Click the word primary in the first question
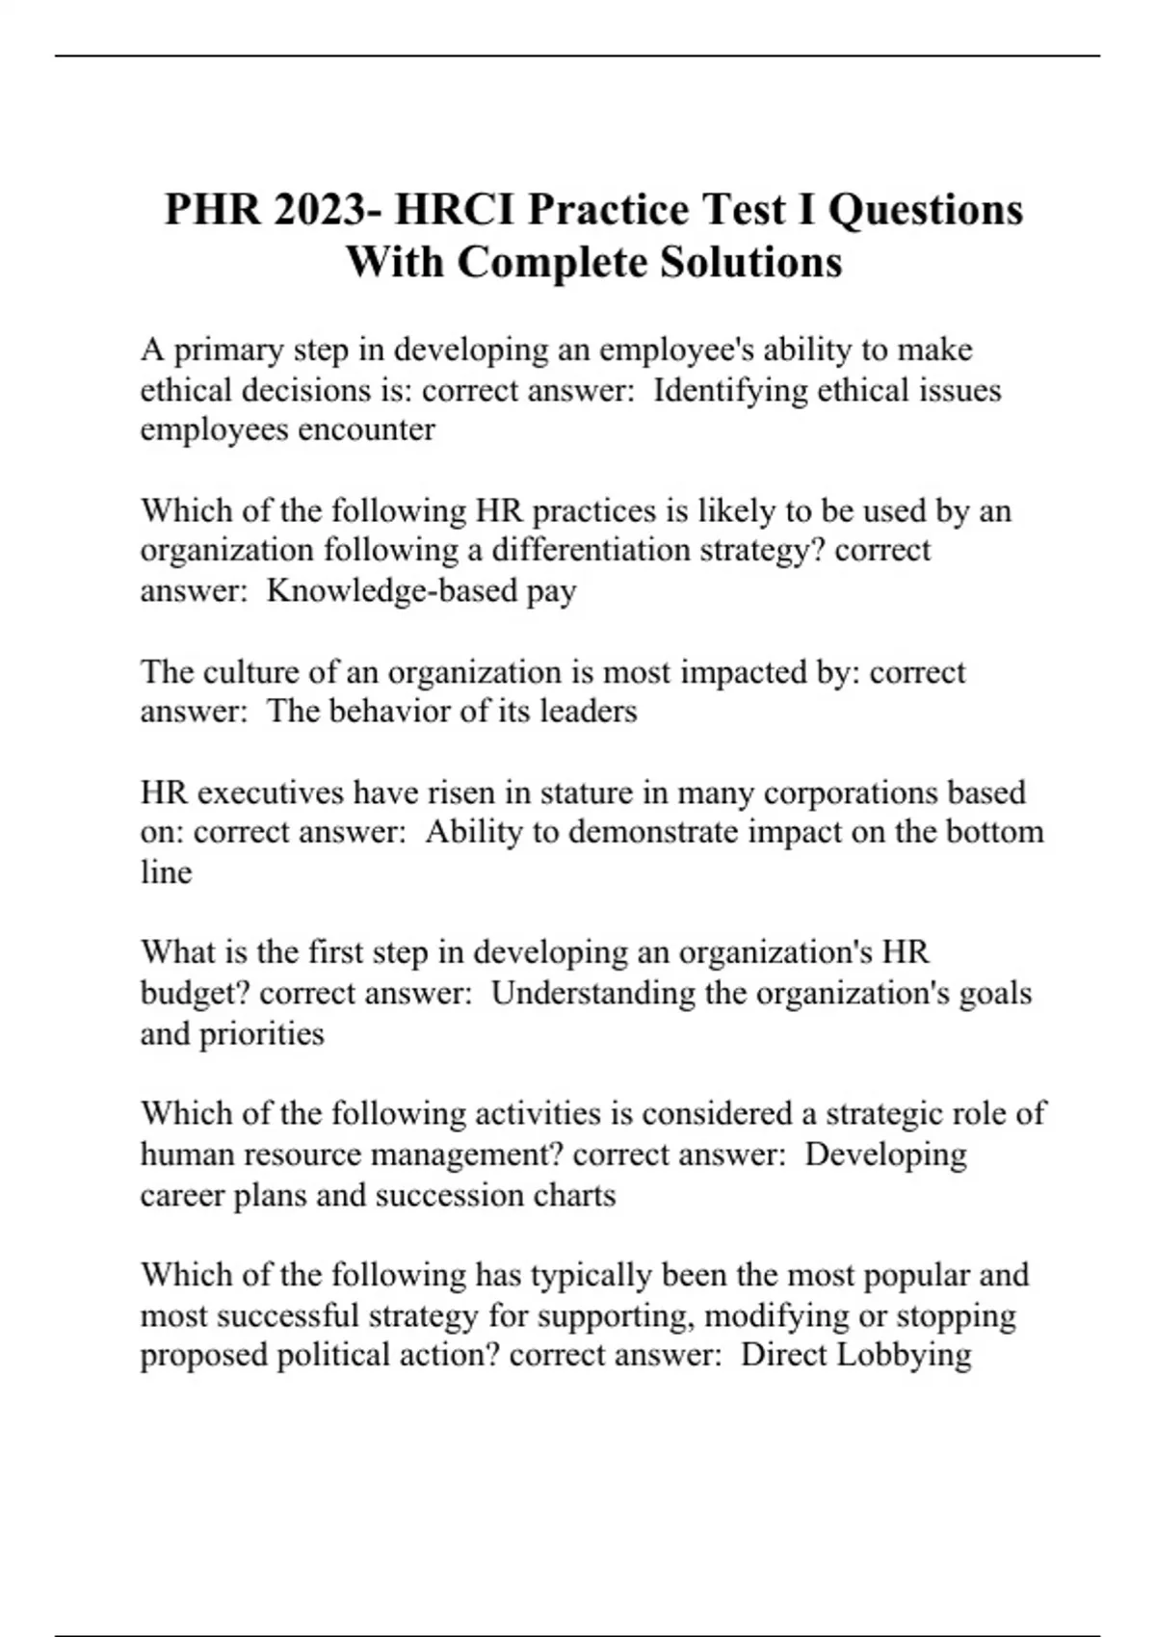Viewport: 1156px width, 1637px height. tap(227, 350)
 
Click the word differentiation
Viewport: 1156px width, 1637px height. tap(590, 550)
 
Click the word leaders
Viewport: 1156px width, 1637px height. tap(588, 712)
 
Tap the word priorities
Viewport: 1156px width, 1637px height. tap(262, 1034)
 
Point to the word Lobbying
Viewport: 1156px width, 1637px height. tap(905, 1356)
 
